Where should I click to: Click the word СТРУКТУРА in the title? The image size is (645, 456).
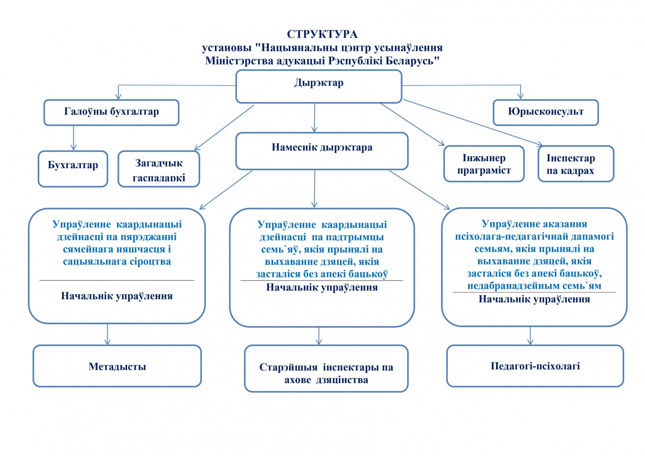(322, 34)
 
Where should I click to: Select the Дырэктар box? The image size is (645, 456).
(318, 86)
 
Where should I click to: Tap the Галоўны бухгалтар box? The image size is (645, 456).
(111, 112)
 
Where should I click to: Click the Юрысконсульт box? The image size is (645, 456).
(545, 112)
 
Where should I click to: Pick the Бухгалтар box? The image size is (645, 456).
(73, 169)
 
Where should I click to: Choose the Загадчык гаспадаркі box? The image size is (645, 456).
(159, 169)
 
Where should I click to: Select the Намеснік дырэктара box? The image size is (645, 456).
(322, 151)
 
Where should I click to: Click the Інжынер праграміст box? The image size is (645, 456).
(484, 164)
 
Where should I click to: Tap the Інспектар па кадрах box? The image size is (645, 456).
(576, 164)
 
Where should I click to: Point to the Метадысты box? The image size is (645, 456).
(117, 366)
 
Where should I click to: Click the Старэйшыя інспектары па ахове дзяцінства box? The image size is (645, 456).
(326, 369)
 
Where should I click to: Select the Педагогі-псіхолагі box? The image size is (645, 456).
(535, 366)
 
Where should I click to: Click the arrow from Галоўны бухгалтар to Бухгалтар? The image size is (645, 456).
(73, 138)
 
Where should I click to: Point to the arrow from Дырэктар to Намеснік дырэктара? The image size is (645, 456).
(314, 118)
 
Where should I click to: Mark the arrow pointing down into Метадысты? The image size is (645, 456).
(107, 334)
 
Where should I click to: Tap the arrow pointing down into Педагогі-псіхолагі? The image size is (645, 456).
(530, 336)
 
